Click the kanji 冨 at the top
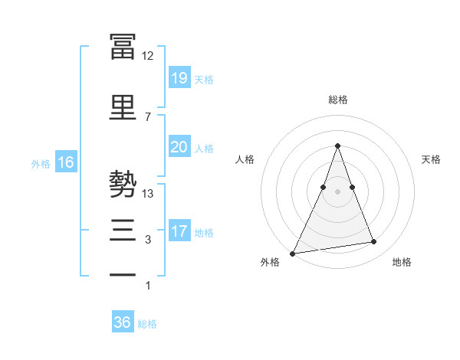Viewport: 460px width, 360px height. (123, 45)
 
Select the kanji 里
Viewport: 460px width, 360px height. (123, 106)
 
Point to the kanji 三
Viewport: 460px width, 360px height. (123, 231)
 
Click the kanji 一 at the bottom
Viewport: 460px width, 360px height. (123, 275)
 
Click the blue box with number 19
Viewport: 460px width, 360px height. (179, 78)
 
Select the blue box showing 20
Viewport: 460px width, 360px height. (179, 147)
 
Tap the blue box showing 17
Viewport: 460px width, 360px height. (179, 231)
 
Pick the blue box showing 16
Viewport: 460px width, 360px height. (65, 162)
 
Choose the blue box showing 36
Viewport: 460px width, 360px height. (123, 322)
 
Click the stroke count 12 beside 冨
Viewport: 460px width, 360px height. (148, 56)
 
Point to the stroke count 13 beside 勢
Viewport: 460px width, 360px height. (148, 194)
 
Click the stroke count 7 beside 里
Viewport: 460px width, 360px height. (148, 116)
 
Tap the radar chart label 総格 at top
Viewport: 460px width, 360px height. (337, 100)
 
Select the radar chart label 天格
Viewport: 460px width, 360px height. (431, 159)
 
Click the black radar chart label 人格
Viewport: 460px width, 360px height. (245, 159)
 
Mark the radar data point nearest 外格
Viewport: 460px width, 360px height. (293, 253)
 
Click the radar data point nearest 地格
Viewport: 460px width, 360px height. (374, 242)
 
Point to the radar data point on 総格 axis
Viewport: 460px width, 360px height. (337, 146)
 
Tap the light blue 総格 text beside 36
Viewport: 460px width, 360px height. (147, 324)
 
